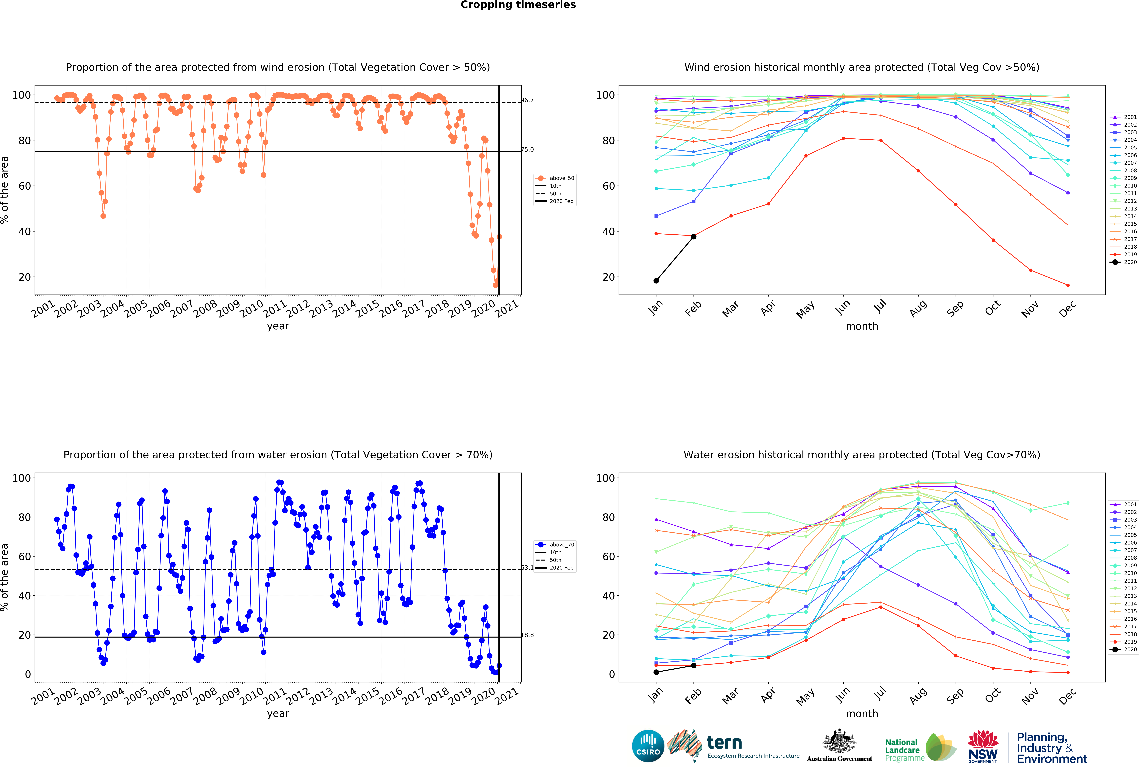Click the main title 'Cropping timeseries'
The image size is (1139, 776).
pos(518,5)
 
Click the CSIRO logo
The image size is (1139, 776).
pos(648,746)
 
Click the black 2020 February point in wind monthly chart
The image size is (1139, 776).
pos(694,237)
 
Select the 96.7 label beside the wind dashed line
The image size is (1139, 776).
pos(527,100)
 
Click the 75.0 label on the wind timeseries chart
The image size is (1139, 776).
pos(527,149)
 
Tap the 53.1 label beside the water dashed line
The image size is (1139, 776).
pos(527,568)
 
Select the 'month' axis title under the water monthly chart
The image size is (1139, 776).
pos(862,714)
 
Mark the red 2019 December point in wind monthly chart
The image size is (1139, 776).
pos(1068,285)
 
